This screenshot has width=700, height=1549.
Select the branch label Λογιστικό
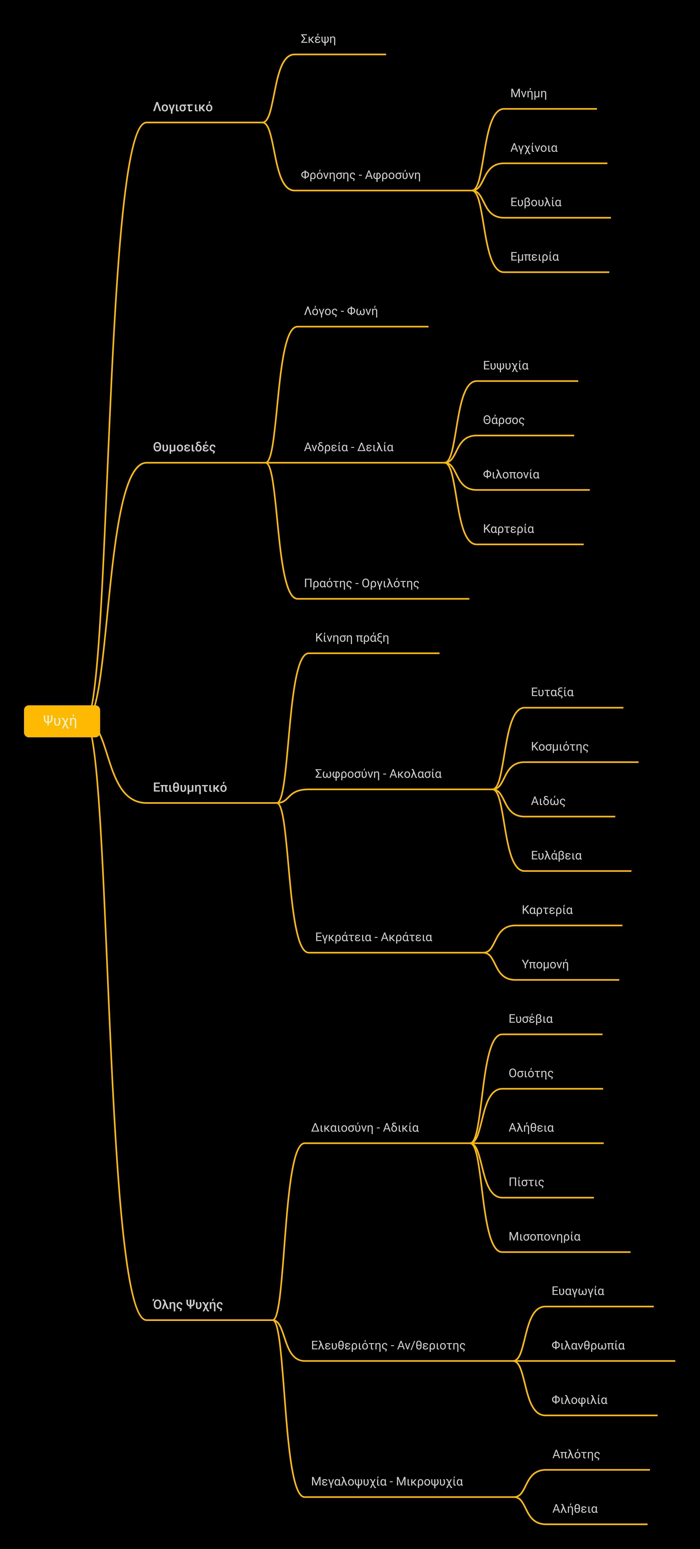pyautogui.click(x=183, y=107)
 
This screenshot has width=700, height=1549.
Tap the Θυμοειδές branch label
pyautogui.click(x=184, y=447)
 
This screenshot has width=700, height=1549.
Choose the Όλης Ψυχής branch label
pyautogui.click(x=188, y=1304)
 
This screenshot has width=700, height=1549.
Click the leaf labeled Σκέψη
pyautogui.click(x=318, y=39)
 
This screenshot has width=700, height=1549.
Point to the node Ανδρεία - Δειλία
pyautogui.click(x=349, y=447)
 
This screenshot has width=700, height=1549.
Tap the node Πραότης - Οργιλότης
pyautogui.click(x=361, y=583)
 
